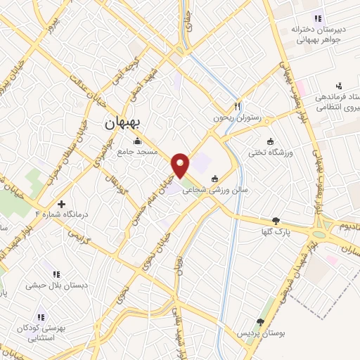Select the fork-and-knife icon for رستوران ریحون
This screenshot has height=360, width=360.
point(238,105)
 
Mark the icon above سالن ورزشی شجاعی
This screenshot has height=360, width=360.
point(224,178)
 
